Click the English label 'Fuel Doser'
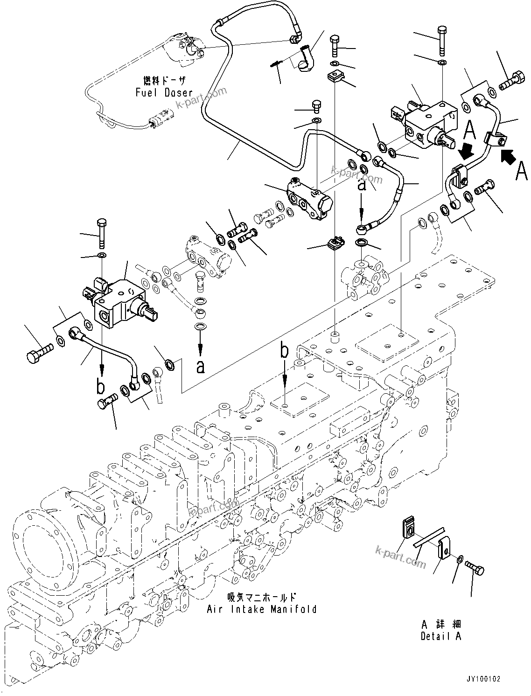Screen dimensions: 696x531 [164, 92]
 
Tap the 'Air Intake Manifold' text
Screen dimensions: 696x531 [262, 609]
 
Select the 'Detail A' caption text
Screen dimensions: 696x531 [440, 636]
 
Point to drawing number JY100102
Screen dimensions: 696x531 [483, 679]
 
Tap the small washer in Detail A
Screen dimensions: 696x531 [461, 559]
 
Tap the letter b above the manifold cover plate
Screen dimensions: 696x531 [285, 350]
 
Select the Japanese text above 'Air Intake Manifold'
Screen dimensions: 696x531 [261, 597]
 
